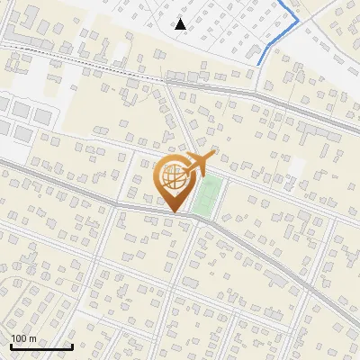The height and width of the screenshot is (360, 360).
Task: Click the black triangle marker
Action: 181,24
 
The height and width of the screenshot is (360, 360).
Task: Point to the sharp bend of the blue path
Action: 298,19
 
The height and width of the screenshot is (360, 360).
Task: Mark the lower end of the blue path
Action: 259,63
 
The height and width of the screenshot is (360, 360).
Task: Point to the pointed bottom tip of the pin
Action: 175,211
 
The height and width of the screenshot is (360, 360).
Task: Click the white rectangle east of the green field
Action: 296,168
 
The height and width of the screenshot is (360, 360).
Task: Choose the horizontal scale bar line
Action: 41,346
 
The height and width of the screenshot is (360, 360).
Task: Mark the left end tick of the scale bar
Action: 12,345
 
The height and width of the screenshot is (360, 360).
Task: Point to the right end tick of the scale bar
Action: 72,345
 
